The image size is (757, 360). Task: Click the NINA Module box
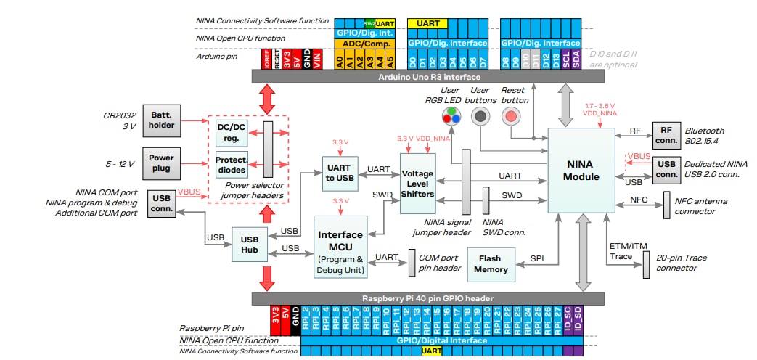point(581,171)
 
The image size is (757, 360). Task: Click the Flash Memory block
point(491,263)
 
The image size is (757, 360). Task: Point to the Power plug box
point(162,163)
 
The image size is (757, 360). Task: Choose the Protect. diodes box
point(231,165)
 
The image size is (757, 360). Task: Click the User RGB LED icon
point(451,115)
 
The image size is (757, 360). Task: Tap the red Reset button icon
point(512,115)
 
